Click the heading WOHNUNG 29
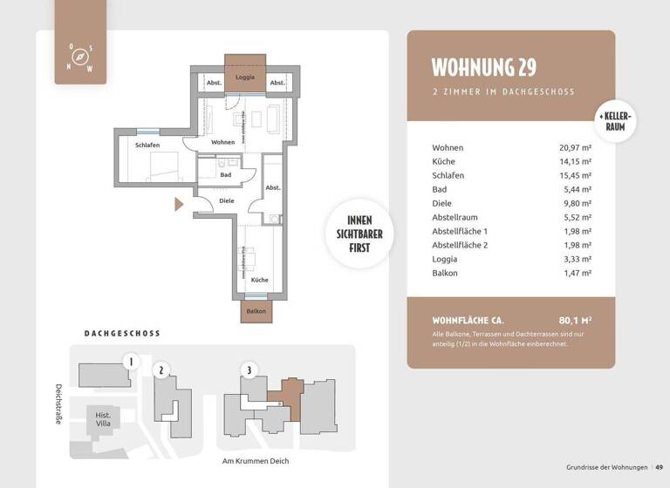tap(484, 67)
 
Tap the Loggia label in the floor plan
tap(245, 78)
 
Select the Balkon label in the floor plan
tap(256, 311)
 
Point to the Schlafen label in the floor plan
tap(147, 145)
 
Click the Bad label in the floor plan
tap(225, 174)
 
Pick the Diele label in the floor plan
tap(227, 200)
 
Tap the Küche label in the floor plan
tap(259, 280)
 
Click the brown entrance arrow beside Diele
tap(179, 205)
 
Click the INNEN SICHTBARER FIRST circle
tap(359, 234)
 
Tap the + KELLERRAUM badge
tap(616, 122)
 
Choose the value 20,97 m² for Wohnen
tap(575, 148)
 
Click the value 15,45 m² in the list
tap(575, 176)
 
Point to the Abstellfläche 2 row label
tap(461, 245)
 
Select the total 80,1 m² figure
tap(575, 320)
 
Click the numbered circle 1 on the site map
tap(131, 361)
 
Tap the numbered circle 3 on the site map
tap(250, 370)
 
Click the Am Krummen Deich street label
tap(256, 461)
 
